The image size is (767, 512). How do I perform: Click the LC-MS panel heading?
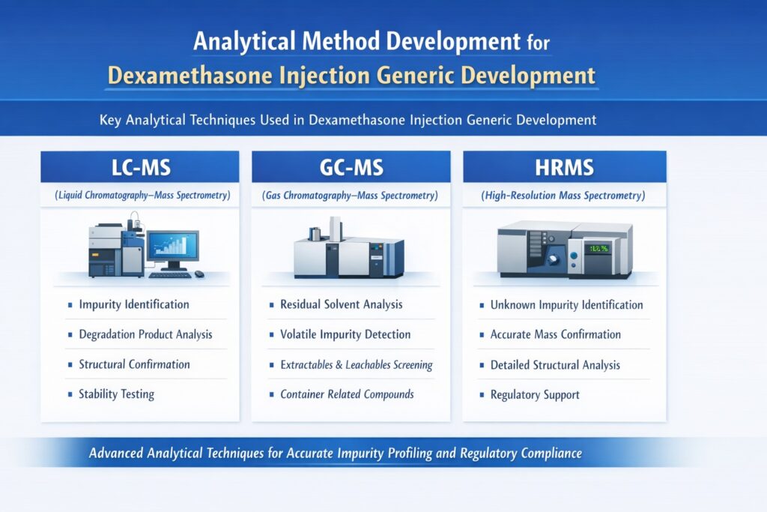(x=140, y=166)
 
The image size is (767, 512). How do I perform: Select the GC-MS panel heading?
(x=351, y=166)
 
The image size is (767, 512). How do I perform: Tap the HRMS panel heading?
(x=564, y=166)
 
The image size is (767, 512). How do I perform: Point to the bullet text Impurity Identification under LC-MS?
(x=133, y=304)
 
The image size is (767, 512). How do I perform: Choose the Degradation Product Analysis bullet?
(x=145, y=334)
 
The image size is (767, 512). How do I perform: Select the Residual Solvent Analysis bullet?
(x=341, y=304)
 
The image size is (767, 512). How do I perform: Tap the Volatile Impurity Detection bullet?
(x=345, y=334)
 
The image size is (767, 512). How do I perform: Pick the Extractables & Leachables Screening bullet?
(x=356, y=365)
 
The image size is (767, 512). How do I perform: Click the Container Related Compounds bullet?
(x=347, y=394)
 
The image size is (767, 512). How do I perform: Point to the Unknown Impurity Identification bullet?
(x=566, y=305)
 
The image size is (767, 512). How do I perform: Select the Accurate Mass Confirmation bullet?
(x=555, y=334)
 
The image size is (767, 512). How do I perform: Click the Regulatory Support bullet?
(x=535, y=394)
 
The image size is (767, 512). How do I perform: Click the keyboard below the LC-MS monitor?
(x=170, y=275)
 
